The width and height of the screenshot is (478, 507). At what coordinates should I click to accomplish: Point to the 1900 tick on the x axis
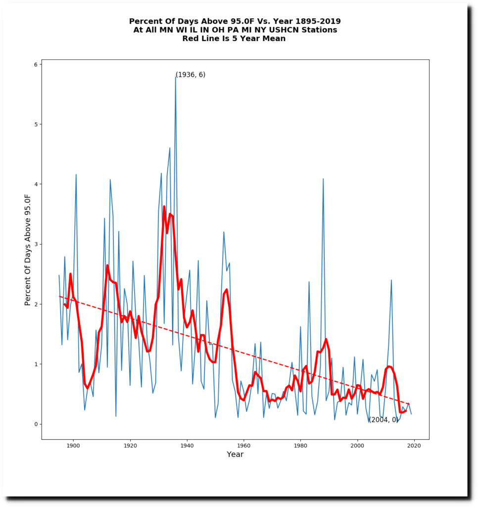pyautogui.click(x=73, y=445)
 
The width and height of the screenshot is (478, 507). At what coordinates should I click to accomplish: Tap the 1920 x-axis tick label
pyautogui.click(x=130, y=445)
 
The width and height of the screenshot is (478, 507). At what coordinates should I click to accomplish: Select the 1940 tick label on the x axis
pyautogui.click(x=187, y=445)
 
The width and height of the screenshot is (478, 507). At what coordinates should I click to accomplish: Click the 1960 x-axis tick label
pyautogui.click(x=243, y=445)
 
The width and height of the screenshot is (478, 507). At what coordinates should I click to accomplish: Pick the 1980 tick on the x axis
pyautogui.click(x=300, y=445)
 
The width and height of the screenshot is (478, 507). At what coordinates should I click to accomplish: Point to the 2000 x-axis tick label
pyautogui.click(x=357, y=445)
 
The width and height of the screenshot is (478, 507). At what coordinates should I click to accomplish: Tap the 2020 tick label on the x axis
pyautogui.click(x=414, y=445)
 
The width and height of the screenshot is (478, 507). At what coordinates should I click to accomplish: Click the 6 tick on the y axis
pyautogui.click(x=36, y=64)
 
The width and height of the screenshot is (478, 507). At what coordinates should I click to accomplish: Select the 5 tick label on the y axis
pyautogui.click(x=36, y=124)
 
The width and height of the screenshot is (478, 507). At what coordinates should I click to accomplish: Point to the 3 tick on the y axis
pyautogui.click(x=36, y=244)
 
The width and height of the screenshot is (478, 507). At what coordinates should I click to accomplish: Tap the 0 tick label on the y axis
pyautogui.click(x=36, y=424)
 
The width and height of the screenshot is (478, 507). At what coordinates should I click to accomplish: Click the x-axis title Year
pyautogui.click(x=235, y=455)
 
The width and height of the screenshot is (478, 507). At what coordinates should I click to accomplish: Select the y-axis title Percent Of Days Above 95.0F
pyautogui.click(x=28, y=250)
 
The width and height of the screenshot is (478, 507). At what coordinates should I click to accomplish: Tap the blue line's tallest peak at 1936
pyautogui.click(x=176, y=76)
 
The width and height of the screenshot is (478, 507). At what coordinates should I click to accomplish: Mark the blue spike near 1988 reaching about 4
pyautogui.click(x=323, y=179)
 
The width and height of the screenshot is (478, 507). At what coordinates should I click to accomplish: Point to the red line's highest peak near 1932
pyautogui.click(x=164, y=206)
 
